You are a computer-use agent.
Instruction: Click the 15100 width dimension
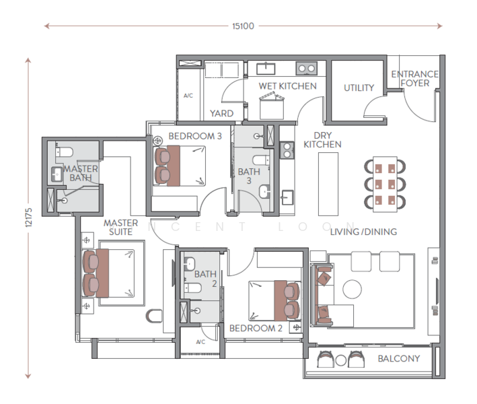tap(243, 26)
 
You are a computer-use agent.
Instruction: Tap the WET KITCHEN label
tap(288, 86)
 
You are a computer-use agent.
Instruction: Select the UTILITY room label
tap(359, 88)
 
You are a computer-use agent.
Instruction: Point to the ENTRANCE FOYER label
tap(414, 79)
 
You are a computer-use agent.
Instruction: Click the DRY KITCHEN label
tap(322, 139)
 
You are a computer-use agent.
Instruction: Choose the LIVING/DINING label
tap(363, 232)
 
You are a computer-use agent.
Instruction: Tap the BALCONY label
tap(399, 359)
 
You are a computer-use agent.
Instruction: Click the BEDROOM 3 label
tap(195, 136)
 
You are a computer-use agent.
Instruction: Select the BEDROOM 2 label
tap(256, 329)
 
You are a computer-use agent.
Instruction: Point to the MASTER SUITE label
tap(120, 227)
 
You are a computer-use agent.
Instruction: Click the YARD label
tap(221, 114)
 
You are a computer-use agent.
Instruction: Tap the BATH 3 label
tap(248, 176)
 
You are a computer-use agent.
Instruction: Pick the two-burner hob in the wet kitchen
tap(306, 68)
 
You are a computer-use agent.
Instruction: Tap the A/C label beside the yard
tap(188, 96)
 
